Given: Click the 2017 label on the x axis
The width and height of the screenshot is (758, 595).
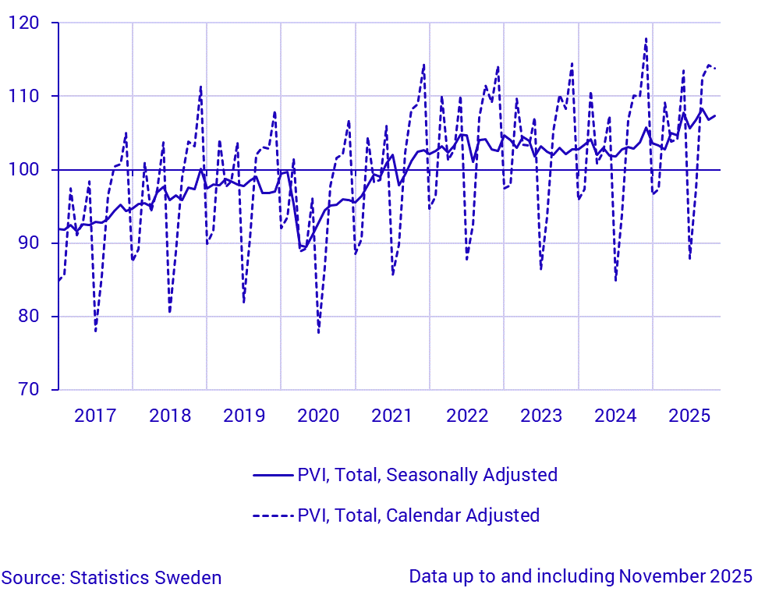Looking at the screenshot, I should pos(95,416).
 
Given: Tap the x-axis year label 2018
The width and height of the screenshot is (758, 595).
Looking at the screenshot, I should pos(169,416).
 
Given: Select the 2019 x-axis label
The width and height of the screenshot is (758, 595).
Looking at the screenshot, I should pos(244,416).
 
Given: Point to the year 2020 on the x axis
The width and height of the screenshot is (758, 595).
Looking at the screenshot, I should pos(318,416).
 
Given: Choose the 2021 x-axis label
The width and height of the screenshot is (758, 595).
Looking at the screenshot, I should pos(392,416).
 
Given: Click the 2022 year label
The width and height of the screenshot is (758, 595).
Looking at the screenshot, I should pos(467,416).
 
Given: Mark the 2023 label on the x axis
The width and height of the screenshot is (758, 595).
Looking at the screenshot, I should pos(541,416).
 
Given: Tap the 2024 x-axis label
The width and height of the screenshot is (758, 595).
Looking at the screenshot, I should pos(615,416).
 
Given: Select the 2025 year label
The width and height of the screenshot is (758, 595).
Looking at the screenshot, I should pos(689,416).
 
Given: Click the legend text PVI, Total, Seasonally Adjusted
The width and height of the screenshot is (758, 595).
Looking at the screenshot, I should pos(427,475).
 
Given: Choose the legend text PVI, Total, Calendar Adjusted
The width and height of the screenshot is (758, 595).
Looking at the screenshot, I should pos(418,515).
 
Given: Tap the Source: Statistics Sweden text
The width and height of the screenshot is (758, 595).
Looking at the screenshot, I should pos(112,578).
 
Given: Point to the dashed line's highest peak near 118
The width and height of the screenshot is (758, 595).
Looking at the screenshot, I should pos(646,38).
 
